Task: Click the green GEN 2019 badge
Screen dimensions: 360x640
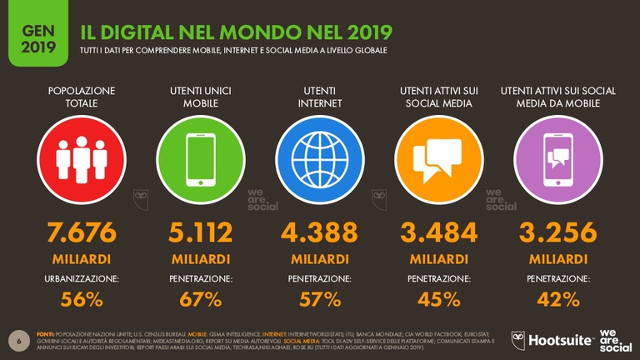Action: (33, 37)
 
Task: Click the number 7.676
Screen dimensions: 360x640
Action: (82, 231)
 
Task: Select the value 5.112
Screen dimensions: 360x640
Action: (200, 231)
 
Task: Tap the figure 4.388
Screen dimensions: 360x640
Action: (320, 231)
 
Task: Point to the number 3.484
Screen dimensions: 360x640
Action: (439, 231)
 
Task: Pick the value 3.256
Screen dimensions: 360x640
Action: (558, 231)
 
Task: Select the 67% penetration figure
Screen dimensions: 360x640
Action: (200, 299)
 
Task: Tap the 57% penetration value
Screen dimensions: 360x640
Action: (320, 299)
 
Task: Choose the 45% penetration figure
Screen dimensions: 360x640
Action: (439, 299)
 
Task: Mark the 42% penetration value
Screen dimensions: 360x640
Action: (558, 299)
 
